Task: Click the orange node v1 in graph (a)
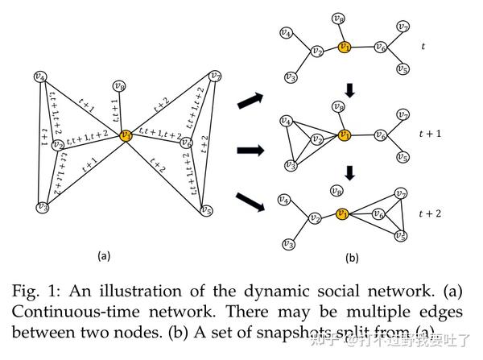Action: click(x=126, y=136)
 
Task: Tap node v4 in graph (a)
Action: click(x=40, y=77)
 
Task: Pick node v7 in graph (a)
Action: click(x=215, y=77)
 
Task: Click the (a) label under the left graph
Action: click(x=103, y=255)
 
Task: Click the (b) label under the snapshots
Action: click(x=352, y=259)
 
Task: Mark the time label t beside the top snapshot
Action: click(x=423, y=47)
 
